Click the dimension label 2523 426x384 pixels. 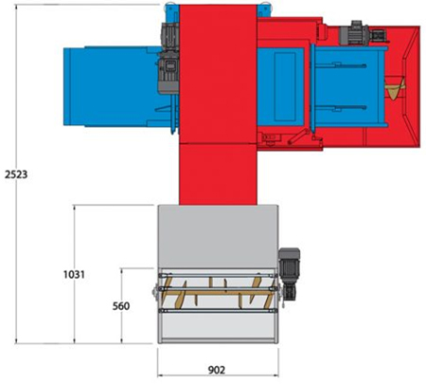pos(16,174)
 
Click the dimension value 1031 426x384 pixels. pos(74,274)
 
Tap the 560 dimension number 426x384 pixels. pos(121,306)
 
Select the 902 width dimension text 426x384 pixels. pos(217,370)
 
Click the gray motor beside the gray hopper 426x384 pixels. pos(289,273)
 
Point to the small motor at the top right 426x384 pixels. pos(355,32)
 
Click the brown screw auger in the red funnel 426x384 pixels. pos(395,88)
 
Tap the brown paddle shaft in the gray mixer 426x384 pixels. pos(217,293)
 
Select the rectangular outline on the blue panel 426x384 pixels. pos(285,86)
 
